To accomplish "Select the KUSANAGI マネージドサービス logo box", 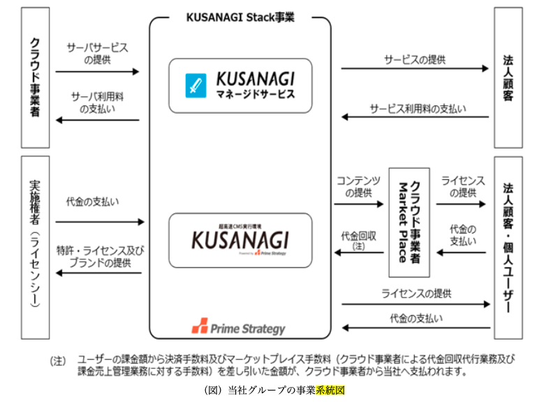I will (240, 85).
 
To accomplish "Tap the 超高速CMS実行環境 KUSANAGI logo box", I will (240, 241).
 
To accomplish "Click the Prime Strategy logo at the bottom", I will (238, 326).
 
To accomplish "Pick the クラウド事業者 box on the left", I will (35, 77).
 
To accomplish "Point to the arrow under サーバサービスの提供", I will (97, 71).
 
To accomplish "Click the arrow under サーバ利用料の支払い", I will (97, 120).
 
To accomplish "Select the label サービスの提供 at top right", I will (415, 60).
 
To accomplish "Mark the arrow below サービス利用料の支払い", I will (415, 117).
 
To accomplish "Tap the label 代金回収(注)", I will (358, 241).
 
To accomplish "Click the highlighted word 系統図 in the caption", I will (330, 391).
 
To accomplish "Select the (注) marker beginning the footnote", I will (58, 360).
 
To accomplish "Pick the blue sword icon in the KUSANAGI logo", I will (193, 86).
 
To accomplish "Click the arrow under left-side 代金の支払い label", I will (99, 222).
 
